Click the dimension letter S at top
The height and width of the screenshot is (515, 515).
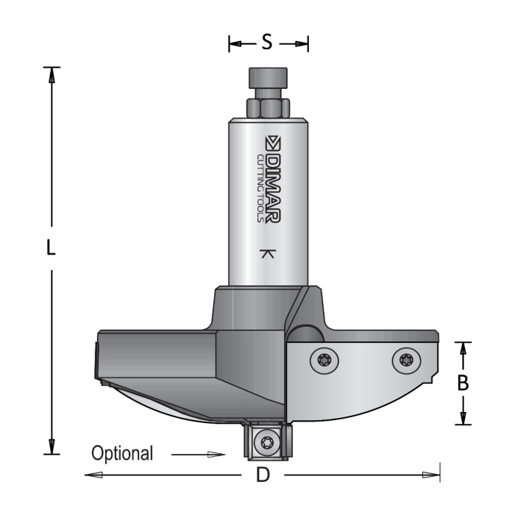(267, 43)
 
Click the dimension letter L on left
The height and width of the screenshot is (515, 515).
(51, 249)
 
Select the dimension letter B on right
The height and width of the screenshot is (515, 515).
(463, 383)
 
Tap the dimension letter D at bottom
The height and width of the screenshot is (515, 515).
(262, 475)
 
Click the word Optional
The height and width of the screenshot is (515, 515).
(122, 453)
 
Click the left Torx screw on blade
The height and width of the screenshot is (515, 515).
(324, 360)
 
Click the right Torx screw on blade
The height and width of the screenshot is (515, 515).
(406, 360)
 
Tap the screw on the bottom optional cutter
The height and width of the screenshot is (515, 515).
(266, 443)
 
